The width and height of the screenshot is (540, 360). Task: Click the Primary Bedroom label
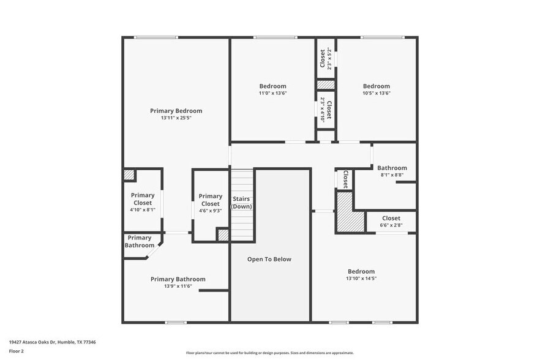pyautogui.click(x=176, y=111)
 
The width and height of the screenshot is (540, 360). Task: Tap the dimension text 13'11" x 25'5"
pyautogui.click(x=176, y=118)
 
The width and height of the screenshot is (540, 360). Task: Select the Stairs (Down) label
pyautogui.click(x=241, y=203)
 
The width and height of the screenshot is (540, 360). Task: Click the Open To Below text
pyautogui.click(x=269, y=259)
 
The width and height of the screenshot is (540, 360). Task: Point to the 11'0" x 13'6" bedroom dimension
pyautogui.click(x=272, y=93)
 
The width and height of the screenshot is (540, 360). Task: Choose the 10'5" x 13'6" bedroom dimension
pyautogui.click(x=376, y=93)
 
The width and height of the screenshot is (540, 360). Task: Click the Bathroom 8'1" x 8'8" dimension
pyautogui.click(x=392, y=175)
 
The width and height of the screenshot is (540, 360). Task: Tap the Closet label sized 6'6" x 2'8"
pyautogui.click(x=391, y=218)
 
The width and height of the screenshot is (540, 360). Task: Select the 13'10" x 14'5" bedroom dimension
pyautogui.click(x=361, y=278)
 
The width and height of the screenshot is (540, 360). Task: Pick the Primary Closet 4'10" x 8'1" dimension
pyautogui.click(x=143, y=209)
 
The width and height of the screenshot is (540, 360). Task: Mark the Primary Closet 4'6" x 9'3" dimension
pyautogui.click(x=211, y=211)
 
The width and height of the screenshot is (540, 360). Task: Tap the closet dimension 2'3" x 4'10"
pyautogui.click(x=322, y=110)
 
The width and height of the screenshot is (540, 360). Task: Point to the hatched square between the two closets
pyautogui.click(x=326, y=84)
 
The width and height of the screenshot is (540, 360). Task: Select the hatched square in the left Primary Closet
pyautogui.click(x=129, y=174)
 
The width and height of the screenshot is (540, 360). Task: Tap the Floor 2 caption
pyautogui.click(x=17, y=351)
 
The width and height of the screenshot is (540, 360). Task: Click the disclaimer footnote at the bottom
pyautogui.click(x=269, y=353)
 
